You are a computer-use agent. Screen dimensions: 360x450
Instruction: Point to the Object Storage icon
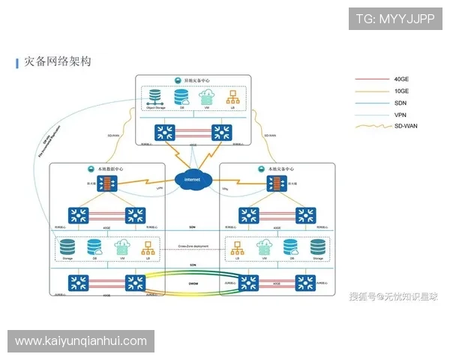click(155, 97)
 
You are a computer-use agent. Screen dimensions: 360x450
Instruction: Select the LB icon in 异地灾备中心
click(233, 97)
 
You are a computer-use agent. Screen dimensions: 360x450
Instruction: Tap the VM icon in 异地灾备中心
click(207, 97)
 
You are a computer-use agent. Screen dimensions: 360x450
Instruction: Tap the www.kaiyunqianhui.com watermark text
click(81, 341)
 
